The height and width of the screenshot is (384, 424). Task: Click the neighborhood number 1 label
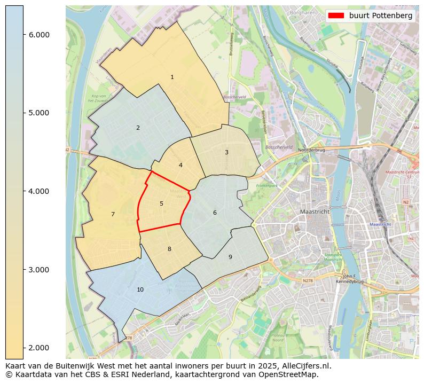click(172, 77)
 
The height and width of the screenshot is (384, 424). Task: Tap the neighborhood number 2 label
click(138, 128)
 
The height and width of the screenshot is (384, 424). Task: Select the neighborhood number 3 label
click(226, 152)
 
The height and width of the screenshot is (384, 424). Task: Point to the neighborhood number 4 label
click(180, 165)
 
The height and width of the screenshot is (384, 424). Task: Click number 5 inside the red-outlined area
click(161, 203)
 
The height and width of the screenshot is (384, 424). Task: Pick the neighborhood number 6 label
click(215, 213)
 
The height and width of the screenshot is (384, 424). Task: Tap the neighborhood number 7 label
click(113, 214)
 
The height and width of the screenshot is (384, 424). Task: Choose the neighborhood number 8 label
click(169, 249)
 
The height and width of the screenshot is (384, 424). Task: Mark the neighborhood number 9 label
click(230, 257)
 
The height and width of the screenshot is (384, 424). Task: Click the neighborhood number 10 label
click(140, 289)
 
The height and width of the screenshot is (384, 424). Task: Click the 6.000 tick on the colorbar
click(39, 35)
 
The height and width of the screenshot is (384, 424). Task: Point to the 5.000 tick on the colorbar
click(39, 113)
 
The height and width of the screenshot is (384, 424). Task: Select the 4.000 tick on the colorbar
click(39, 191)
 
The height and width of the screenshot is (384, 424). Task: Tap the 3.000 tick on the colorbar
click(39, 269)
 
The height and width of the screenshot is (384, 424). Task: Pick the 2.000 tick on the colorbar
click(39, 348)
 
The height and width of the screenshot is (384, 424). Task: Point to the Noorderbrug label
click(312, 151)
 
